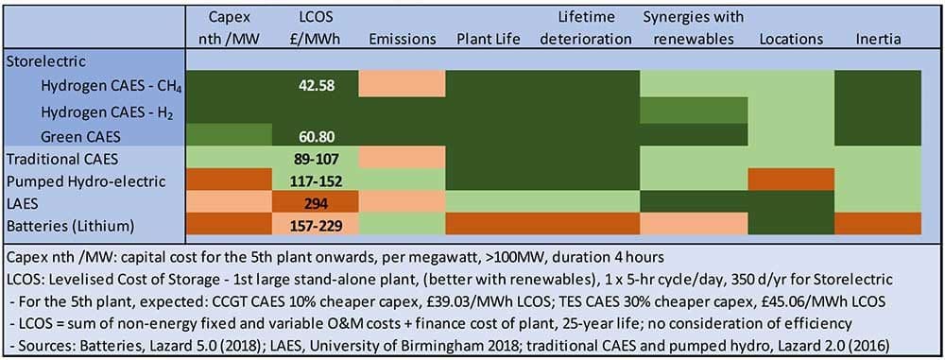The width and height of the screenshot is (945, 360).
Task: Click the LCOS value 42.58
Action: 317,85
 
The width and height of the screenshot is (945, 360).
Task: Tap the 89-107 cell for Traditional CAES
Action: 317,159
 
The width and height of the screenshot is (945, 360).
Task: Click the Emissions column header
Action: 402,40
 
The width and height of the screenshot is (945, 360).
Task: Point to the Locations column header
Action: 791,40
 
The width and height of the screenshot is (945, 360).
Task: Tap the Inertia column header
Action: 878,40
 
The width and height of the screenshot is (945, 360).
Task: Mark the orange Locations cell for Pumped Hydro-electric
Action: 791,180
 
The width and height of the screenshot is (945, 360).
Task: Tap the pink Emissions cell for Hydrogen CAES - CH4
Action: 402,83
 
